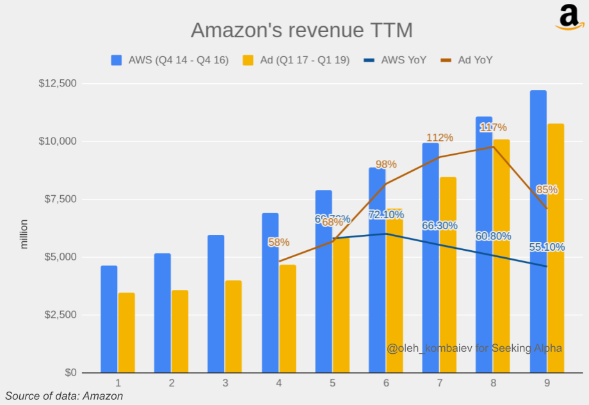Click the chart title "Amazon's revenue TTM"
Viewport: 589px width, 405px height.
click(x=302, y=31)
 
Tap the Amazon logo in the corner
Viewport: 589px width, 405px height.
click(x=569, y=17)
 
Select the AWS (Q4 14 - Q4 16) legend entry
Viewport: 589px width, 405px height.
click(x=170, y=60)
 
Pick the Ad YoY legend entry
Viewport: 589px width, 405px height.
click(x=467, y=60)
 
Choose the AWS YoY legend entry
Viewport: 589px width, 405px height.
click(x=395, y=60)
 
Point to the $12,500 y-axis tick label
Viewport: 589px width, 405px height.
click(x=58, y=83)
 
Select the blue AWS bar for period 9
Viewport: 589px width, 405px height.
click(x=538, y=230)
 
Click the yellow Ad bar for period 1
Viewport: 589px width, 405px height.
click(x=127, y=333)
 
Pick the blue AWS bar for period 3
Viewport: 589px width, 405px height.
click(x=216, y=304)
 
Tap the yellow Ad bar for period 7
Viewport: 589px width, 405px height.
click(x=448, y=275)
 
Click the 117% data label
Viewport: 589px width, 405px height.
click(x=493, y=127)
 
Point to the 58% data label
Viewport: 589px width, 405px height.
click(x=278, y=242)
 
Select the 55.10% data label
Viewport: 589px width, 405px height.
click(x=547, y=247)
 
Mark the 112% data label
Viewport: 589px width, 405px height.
click(x=440, y=138)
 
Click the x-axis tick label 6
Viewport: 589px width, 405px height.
click(x=386, y=383)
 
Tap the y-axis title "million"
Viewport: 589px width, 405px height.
click(x=24, y=234)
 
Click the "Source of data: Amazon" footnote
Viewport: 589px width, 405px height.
click(x=64, y=396)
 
